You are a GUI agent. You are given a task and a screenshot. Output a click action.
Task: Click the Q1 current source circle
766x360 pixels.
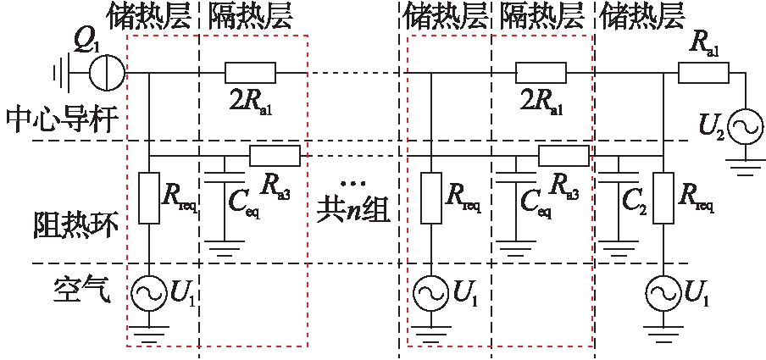[108, 73]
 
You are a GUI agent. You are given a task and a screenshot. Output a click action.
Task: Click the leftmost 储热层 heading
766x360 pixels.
[149, 14]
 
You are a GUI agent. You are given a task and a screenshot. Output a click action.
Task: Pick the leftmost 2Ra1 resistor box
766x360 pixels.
[251, 73]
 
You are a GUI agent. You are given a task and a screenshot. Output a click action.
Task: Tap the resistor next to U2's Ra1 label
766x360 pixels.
[703, 73]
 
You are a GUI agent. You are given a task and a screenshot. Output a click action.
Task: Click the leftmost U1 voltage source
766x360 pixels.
[149, 293]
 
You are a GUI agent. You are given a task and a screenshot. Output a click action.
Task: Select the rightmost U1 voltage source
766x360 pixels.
[663, 293]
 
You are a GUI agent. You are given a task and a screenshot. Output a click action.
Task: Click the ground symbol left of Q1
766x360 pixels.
[60, 73]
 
